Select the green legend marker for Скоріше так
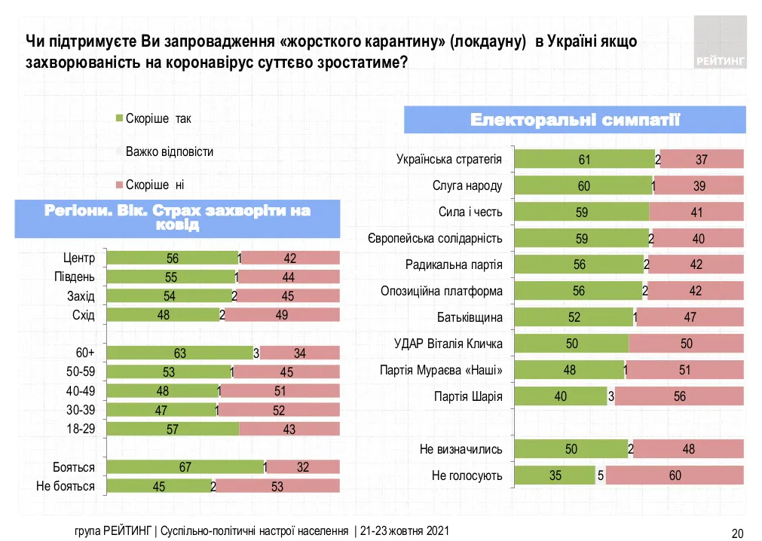point(118,119)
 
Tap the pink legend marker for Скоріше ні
point(118,185)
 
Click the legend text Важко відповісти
point(169,151)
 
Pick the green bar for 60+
point(179,353)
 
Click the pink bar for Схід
point(283,315)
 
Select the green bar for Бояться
point(185,467)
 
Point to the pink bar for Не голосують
point(674,475)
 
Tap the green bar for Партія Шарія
point(560,396)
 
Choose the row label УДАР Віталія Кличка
point(448,344)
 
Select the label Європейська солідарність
point(435,239)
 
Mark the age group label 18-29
point(80,429)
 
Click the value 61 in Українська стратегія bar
point(584,159)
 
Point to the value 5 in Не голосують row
point(600,475)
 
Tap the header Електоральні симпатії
point(575,120)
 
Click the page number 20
point(738,533)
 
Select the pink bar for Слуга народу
point(699,186)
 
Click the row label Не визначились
point(461,449)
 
